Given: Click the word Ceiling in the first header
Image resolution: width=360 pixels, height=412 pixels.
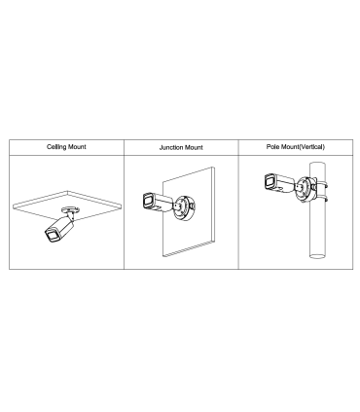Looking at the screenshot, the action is [x=56, y=147].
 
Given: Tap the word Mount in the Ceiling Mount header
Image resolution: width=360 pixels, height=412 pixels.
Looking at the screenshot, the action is [x=77, y=147].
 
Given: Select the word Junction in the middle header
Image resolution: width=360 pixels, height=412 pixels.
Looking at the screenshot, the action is [x=171, y=148].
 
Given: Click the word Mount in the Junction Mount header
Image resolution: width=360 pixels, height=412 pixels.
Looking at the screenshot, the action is [x=194, y=148].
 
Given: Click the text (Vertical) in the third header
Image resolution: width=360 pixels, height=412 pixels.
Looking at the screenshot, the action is [x=311, y=147].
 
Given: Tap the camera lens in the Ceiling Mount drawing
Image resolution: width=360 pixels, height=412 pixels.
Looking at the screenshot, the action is [x=53, y=235].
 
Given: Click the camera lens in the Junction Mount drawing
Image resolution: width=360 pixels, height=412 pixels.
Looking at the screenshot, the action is [x=148, y=200].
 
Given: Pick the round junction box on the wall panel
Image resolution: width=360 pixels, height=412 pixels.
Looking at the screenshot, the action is [x=184, y=207].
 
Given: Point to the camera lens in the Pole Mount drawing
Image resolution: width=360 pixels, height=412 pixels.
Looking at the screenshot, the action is [x=270, y=181].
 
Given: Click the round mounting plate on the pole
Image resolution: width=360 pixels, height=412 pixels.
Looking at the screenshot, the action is [x=306, y=189].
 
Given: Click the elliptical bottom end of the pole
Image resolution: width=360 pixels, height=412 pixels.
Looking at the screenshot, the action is [x=317, y=256].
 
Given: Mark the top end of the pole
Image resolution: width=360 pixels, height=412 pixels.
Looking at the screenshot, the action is [x=317, y=164].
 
